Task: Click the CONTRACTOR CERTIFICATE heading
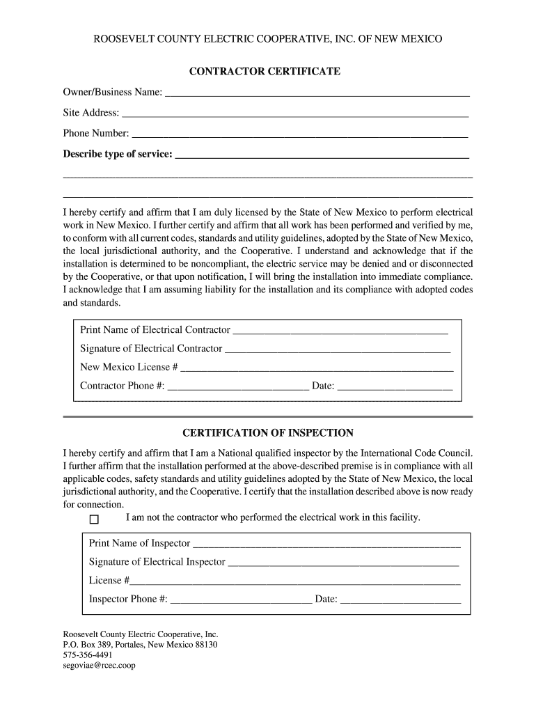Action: (x=268, y=72)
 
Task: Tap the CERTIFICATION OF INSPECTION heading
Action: (x=268, y=432)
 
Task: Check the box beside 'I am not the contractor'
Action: (x=95, y=519)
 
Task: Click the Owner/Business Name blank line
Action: (x=317, y=93)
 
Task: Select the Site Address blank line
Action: (x=295, y=113)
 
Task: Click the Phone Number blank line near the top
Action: (x=300, y=134)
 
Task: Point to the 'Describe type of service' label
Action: (x=118, y=154)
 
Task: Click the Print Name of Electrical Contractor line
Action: (x=340, y=331)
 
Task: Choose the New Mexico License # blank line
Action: (x=317, y=368)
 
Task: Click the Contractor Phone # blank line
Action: (x=238, y=387)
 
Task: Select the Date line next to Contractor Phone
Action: (x=395, y=387)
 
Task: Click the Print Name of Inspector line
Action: (x=326, y=544)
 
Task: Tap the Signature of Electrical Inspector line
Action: (x=343, y=563)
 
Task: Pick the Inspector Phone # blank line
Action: (x=241, y=600)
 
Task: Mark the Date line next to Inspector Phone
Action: (x=400, y=600)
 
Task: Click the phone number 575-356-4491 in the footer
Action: (x=88, y=655)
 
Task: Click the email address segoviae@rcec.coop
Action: (x=99, y=666)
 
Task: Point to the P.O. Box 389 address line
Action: (x=140, y=645)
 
